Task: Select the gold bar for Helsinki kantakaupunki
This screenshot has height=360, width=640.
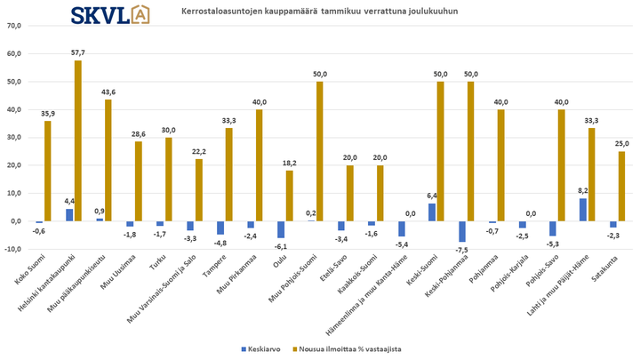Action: click(77, 140)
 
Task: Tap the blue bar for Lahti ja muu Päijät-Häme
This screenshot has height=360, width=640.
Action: click(583, 210)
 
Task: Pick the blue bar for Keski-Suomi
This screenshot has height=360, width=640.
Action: click(432, 212)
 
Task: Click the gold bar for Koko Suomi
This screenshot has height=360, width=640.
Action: click(47, 171)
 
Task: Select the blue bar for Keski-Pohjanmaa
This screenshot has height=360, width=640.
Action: click(462, 231)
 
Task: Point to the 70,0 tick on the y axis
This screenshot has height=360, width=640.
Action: click(13, 26)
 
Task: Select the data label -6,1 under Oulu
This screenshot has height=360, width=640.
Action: click(280, 245)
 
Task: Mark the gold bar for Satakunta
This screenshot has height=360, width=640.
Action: click(622, 186)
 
